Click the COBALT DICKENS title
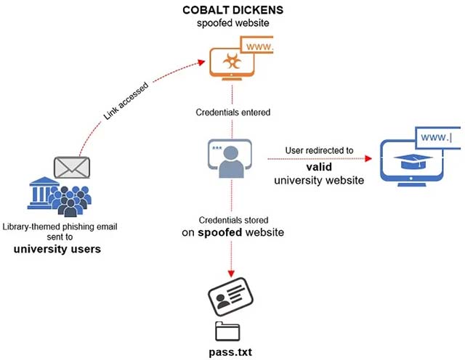[x=232, y=11]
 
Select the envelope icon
[x=72, y=168]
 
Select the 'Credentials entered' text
[x=232, y=112]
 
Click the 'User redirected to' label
[x=319, y=151]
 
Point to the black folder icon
[x=231, y=331]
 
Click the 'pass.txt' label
[x=232, y=352]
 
